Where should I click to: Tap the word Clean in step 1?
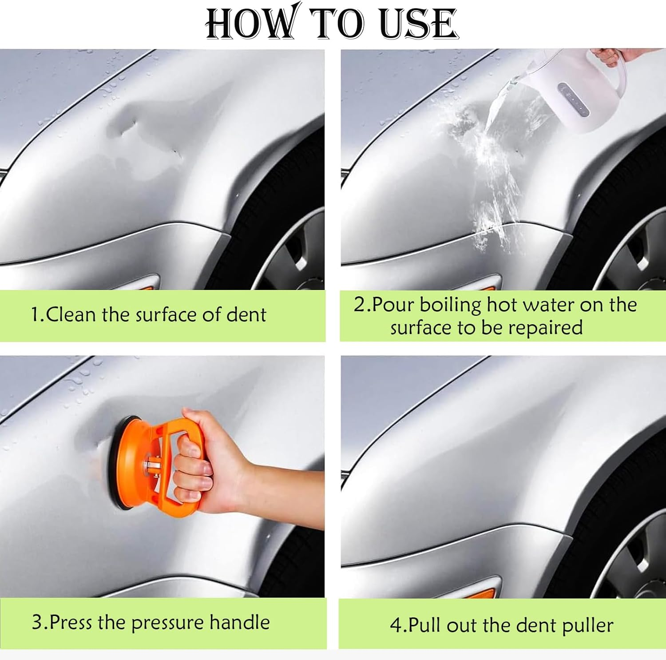coord(71,315)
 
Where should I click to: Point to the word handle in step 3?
coord(239,622)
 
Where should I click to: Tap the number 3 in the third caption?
coord(36,622)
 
